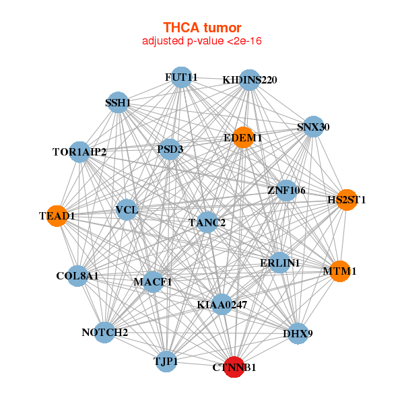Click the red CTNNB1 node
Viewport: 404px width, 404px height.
click(234, 367)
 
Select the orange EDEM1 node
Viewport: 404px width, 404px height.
click(243, 137)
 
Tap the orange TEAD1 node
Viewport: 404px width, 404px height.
click(57, 216)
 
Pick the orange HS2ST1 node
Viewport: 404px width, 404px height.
click(347, 200)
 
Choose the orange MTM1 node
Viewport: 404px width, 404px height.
click(340, 271)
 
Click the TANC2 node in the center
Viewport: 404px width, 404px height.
click(207, 222)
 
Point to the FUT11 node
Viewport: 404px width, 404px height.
click(181, 77)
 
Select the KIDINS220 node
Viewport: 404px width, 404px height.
click(249, 80)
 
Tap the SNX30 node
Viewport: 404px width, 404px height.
click(313, 127)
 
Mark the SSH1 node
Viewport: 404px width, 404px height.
click(118, 102)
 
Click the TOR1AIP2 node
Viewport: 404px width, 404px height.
click(79, 151)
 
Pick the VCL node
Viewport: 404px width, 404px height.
click(127, 209)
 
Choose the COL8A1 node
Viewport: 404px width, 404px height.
click(77, 276)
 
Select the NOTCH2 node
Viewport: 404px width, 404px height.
click(104, 333)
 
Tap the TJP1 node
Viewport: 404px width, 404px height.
click(166, 361)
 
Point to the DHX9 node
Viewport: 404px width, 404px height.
click(298, 334)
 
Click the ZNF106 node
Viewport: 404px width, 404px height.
click(286, 191)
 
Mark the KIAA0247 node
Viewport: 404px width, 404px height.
click(222, 304)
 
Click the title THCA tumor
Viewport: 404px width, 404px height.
click(202, 28)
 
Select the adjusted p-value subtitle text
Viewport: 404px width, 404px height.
click(202, 41)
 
